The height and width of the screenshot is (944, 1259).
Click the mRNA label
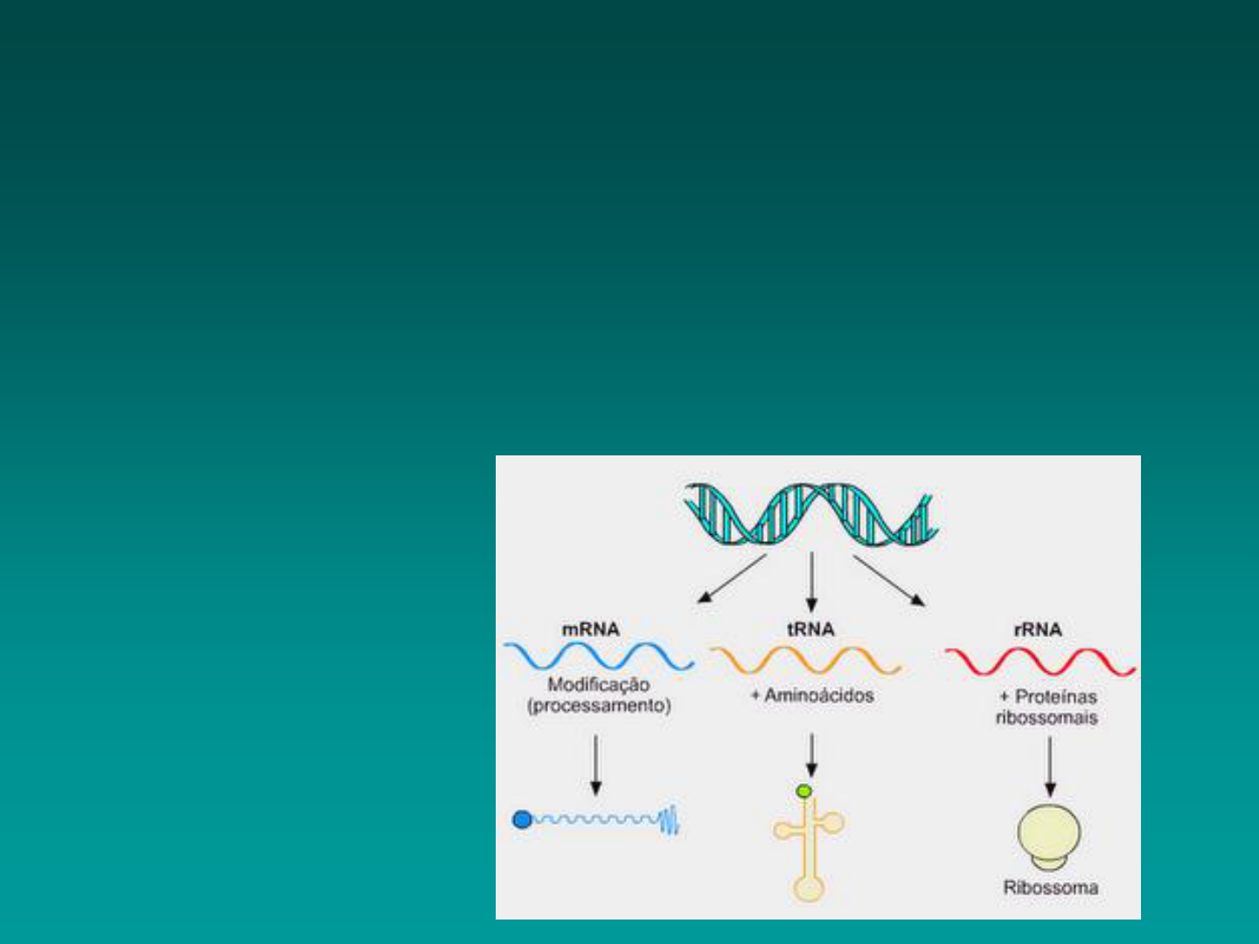(591, 629)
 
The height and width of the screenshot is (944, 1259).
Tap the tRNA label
(810, 629)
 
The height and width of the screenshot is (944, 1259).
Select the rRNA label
(1038, 630)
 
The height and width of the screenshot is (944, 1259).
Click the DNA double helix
(811, 514)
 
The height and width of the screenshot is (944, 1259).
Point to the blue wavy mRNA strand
(600, 656)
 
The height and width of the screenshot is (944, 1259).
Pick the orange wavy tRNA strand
(806, 660)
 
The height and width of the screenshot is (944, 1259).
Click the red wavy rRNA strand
(1040, 662)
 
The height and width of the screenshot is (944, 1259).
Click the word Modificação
(599, 685)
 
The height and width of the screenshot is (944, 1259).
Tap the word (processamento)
(599, 705)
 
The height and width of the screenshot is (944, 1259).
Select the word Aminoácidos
(819, 695)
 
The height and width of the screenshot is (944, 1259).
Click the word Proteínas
(1056, 697)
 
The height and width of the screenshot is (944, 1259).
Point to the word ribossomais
(1047, 718)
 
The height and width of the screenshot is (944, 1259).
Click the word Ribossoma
(1051, 888)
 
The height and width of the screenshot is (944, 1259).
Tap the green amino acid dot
(804, 792)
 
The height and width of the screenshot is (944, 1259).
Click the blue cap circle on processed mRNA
(522, 820)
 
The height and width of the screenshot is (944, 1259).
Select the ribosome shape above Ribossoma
(1049, 836)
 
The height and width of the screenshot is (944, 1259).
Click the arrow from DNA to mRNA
(732, 579)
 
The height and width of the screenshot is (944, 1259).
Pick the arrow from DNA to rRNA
(889, 580)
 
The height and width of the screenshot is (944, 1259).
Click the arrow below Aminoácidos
(811, 755)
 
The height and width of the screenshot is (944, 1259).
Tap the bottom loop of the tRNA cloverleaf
(810, 889)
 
